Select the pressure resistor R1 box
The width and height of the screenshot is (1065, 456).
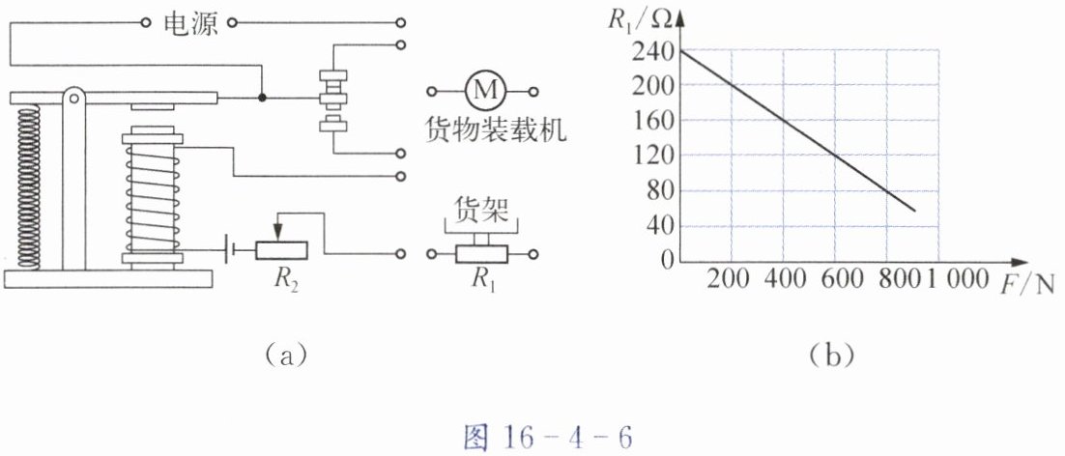pyautogui.click(x=480, y=254)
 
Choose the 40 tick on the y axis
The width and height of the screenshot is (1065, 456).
pyautogui.click(x=660, y=227)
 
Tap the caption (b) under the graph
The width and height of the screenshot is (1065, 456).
pyautogui.click(x=829, y=356)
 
